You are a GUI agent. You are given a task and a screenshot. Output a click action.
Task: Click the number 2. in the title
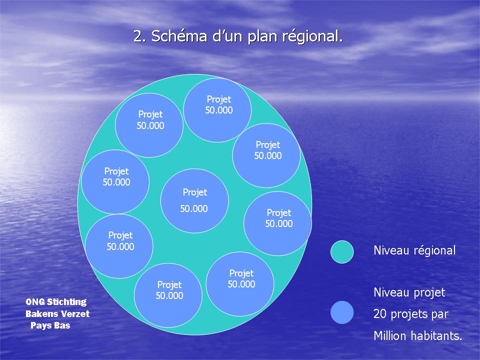(140, 36)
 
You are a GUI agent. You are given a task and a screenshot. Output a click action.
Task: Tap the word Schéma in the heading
(179, 35)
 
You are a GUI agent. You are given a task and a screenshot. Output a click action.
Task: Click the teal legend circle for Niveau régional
(342, 251)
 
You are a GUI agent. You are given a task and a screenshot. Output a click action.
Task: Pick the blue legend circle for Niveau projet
(342, 312)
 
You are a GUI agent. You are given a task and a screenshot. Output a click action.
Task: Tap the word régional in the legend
(434, 250)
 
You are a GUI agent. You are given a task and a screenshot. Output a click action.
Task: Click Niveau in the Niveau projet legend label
(391, 292)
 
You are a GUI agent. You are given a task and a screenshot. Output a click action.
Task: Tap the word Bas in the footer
(62, 325)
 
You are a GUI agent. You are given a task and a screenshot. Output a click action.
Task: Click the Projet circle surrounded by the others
(194, 201)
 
